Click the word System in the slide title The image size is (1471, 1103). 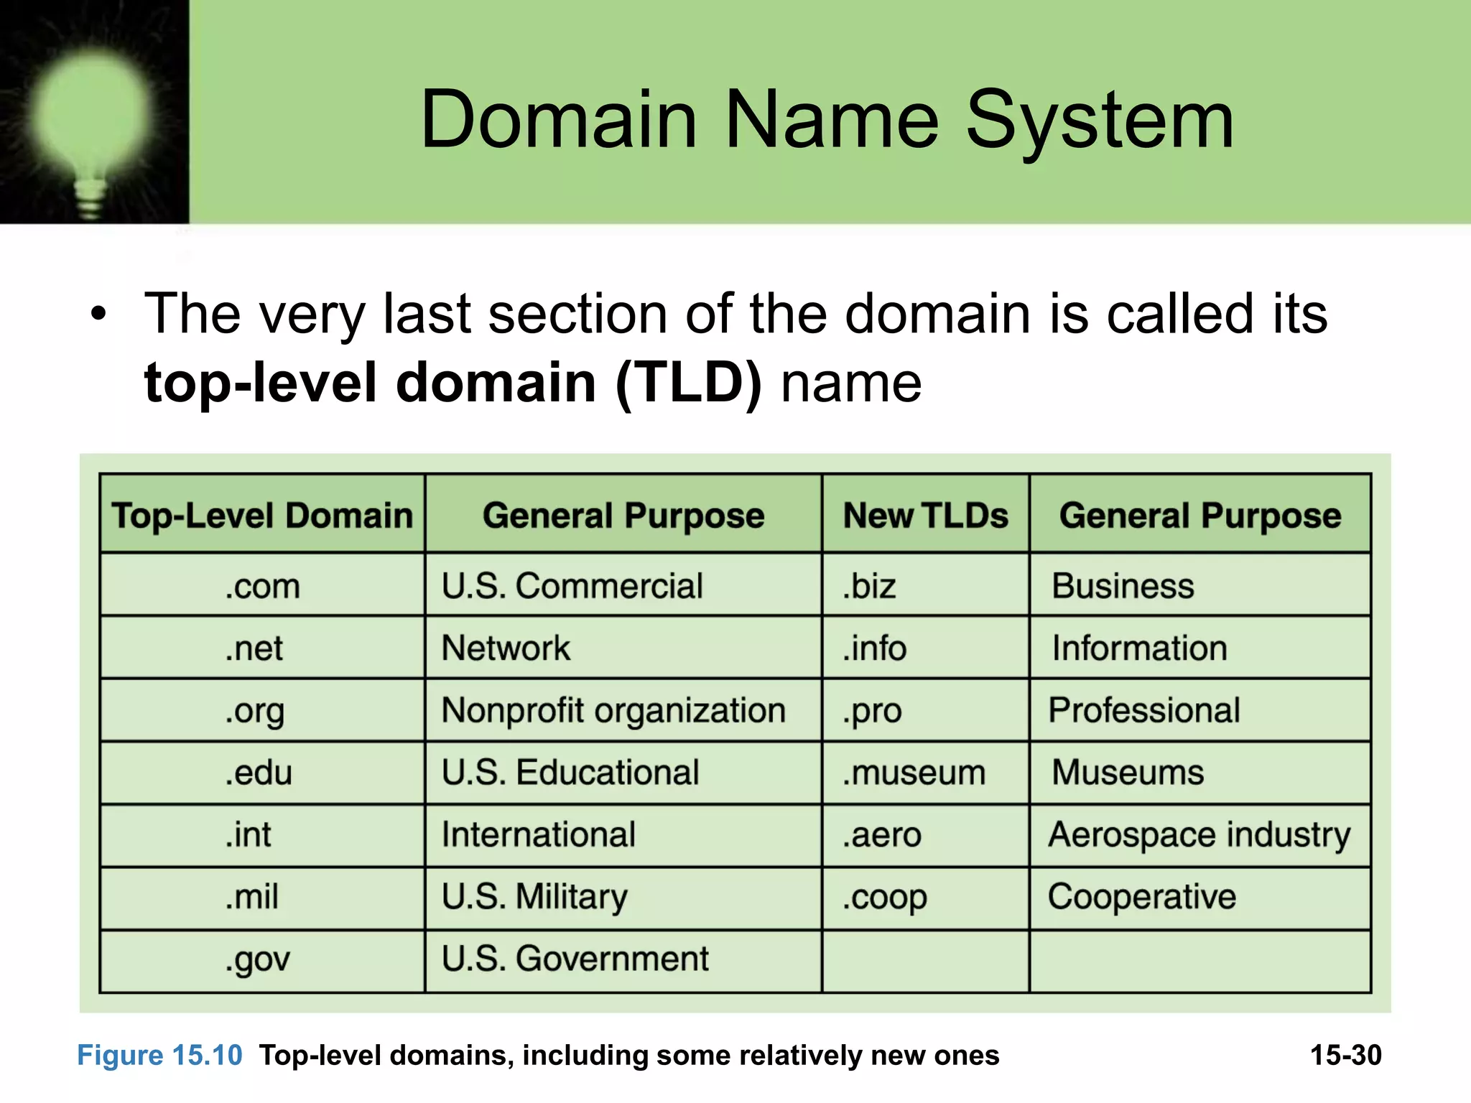pyautogui.click(x=1099, y=121)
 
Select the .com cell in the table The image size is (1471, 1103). pyautogui.click(x=262, y=586)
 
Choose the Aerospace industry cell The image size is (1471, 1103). pyautogui.click(x=1199, y=835)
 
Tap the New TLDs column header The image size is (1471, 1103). pyautogui.click(x=925, y=516)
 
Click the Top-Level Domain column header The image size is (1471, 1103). pyautogui.click(x=262, y=516)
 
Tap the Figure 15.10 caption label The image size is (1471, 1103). pyautogui.click(x=159, y=1056)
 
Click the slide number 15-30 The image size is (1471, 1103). pyautogui.click(x=1345, y=1056)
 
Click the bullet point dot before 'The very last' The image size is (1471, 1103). pyautogui.click(x=98, y=314)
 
